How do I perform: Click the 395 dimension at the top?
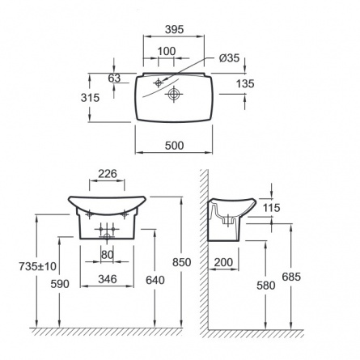pos(174,29)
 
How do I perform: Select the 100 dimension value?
pos(167,51)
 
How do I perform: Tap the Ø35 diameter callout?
pos(230,58)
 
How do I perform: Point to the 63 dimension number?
pos(114,78)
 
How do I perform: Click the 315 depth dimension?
pos(90,98)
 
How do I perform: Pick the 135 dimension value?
pos(245,84)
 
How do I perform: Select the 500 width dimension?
pos(174,146)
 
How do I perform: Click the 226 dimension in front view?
pos(108,174)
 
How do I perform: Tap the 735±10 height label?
pos(37,266)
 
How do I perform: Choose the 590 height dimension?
pos(60,284)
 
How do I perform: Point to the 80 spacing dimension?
pos(107,254)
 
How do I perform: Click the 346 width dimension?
pos(108,279)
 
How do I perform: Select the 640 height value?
pos(155,281)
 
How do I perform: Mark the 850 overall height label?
pos(182,262)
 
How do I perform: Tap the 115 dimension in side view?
pos(271,208)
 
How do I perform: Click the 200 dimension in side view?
pos(223,262)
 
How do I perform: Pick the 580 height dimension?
pos(265,286)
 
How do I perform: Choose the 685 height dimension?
pos(291,277)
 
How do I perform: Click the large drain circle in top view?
pos(174,94)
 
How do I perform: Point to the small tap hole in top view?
pos(159,83)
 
